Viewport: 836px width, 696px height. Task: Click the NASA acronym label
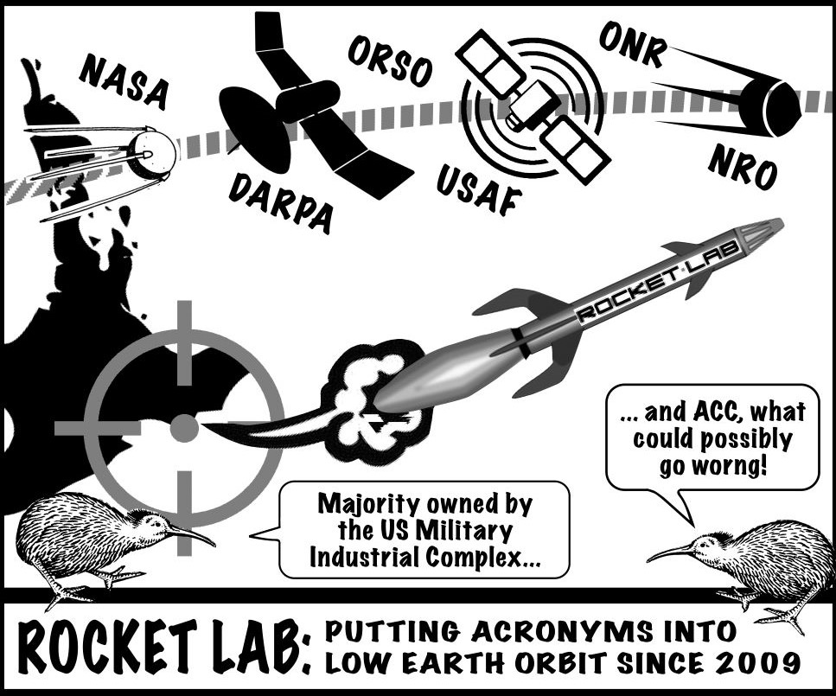124,80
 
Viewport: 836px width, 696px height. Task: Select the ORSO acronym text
389,60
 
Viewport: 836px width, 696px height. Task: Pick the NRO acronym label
743,167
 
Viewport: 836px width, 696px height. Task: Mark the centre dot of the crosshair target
183,427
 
